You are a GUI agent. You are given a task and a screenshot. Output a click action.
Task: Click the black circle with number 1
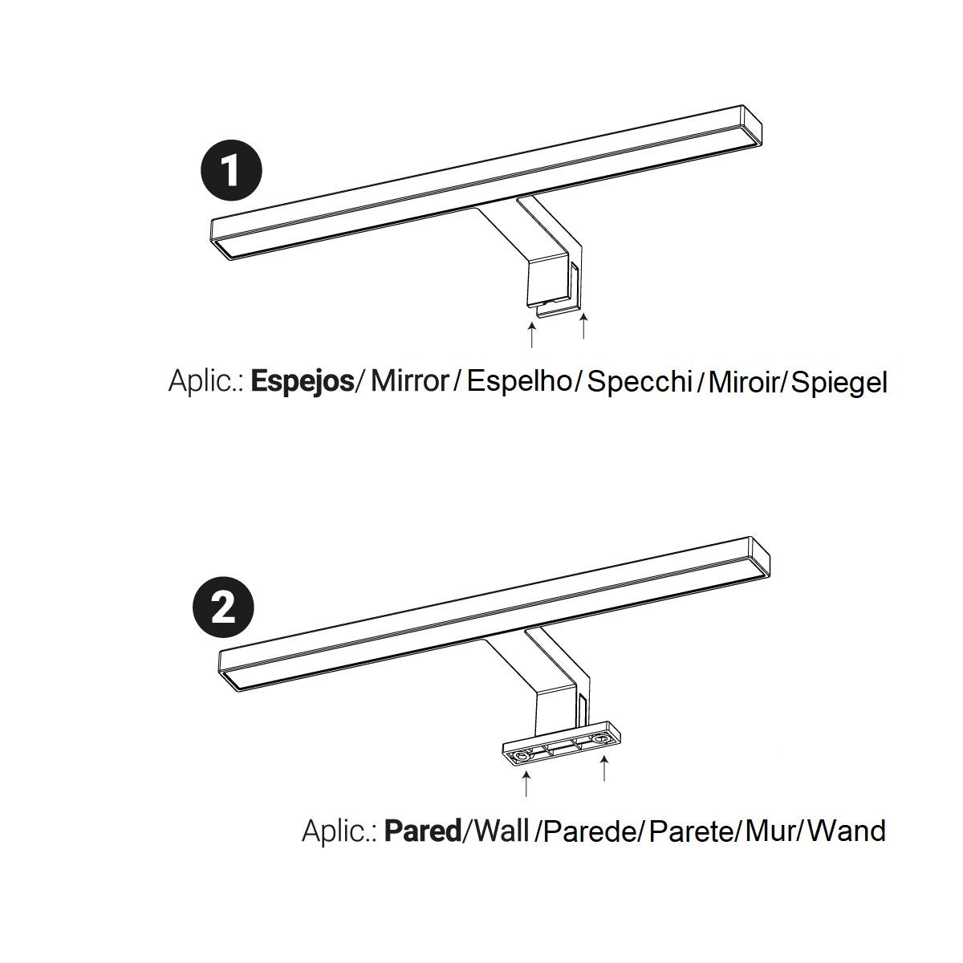pyautogui.click(x=231, y=171)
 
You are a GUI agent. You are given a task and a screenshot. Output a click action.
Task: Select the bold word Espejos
pyautogui.click(x=302, y=381)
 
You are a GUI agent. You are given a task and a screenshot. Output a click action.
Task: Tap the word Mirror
pyautogui.click(x=408, y=381)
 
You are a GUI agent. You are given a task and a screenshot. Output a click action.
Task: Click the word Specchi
pyautogui.click(x=640, y=381)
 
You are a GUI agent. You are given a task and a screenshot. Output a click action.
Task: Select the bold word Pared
pyautogui.click(x=423, y=830)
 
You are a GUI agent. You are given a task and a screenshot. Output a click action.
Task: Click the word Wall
pyautogui.click(x=502, y=830)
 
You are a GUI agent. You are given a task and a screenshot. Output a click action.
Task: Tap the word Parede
pyautogui.click(x=590, y=830)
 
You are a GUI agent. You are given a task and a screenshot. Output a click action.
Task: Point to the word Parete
pyautogui.click(x=691, y=830)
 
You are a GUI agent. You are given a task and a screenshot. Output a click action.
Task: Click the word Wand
pyautogui.click(x=847, y=830)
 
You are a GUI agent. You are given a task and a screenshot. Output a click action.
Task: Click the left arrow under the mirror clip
pyautogui.click(x=531, y=335)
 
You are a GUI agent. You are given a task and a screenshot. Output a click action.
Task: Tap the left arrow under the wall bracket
pyautogui.click(x=526, y=783)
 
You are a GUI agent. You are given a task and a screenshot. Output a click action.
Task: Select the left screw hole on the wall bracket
pyautogui.click(x=523, y=756)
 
